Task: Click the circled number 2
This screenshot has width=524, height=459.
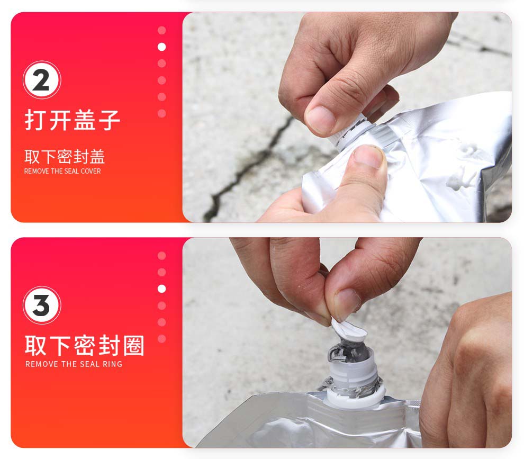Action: [x=42, y=80]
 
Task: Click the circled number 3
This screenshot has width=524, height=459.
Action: [x=42, y=305]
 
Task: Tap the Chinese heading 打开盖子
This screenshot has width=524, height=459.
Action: [x=72, y=120]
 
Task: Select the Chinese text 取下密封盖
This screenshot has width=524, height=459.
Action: [x=65, y=157]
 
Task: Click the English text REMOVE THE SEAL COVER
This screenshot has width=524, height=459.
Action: [x=62, y=171]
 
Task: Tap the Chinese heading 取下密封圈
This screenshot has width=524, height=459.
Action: [x=85, y=345]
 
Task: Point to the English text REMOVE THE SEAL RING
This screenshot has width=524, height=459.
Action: [x=74, y=364]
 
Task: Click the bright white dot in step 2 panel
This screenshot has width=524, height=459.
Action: [x=162, y=47]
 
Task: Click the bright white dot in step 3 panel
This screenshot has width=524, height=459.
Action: [x=162, y=289]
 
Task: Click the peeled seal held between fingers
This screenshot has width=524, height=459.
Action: [x=348, y=330]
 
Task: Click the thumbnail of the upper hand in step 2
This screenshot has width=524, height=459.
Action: [x=320, y=120]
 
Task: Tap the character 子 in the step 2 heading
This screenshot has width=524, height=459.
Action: [x=109, y=120]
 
